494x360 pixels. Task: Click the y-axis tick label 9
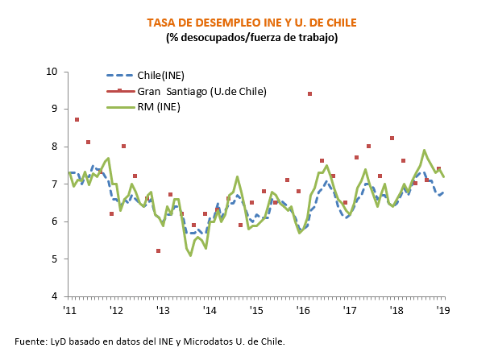coord(56,109)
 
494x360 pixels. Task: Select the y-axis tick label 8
coord(56,147)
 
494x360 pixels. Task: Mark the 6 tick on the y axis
coord(56,221)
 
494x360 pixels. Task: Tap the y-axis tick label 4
coord(56,296)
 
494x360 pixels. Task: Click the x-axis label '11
coord(69,309)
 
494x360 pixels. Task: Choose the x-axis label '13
coord(163,309)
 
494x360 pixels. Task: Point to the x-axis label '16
coord(303,309)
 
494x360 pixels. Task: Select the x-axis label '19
coord(442,309)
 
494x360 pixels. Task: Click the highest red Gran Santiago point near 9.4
coord(309,94)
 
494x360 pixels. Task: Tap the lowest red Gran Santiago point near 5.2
coord(158,251)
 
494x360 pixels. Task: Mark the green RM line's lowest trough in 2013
coord(190,255)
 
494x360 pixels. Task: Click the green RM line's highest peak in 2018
coord(425,150)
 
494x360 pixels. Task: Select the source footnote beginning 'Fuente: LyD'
coord(150,341)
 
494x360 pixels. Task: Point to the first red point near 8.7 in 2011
coord(77,120)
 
